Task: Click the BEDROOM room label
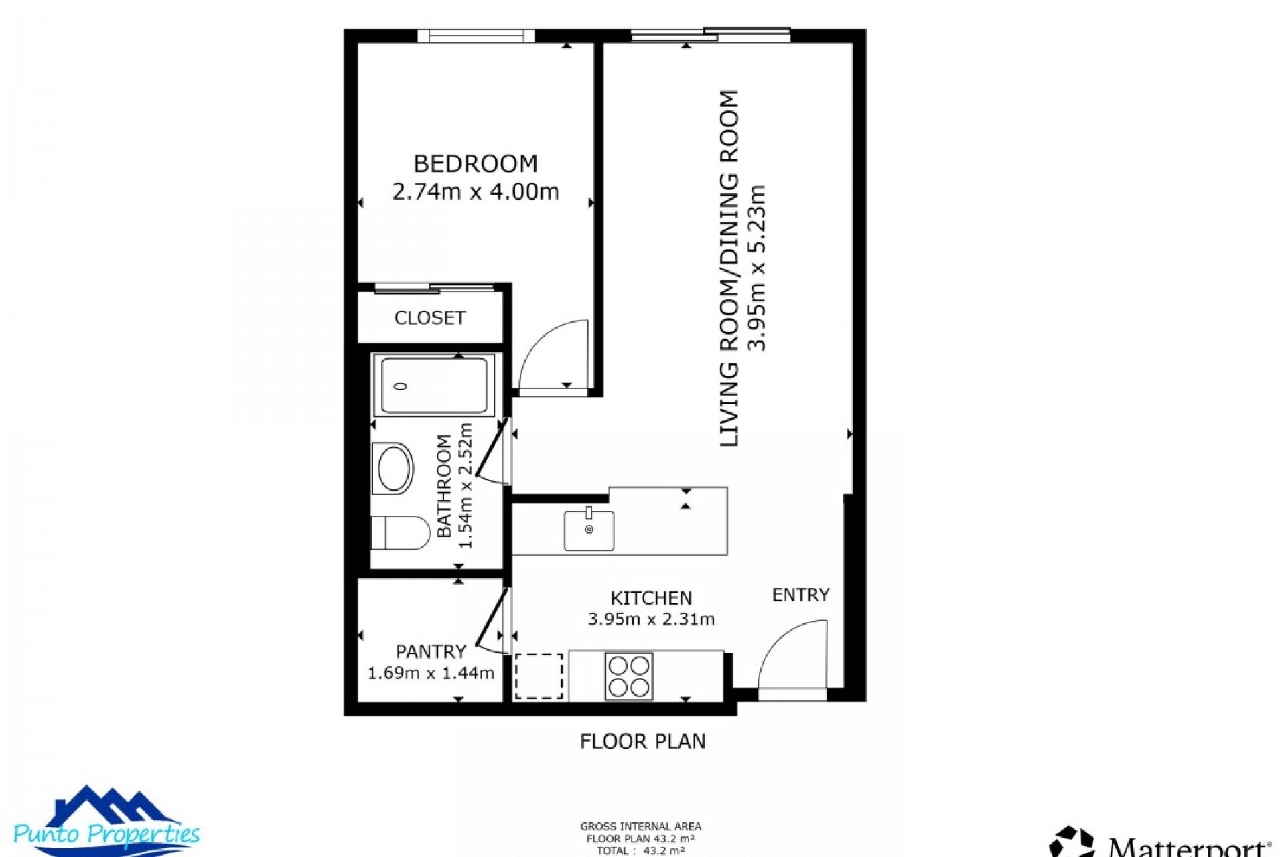475,164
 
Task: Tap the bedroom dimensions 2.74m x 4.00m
475,192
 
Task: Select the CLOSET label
429,318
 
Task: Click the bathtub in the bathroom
434,386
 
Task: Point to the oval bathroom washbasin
395,468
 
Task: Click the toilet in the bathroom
400,532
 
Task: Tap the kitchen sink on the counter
589,530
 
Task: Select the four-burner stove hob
628,676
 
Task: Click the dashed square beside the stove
539,676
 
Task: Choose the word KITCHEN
651,598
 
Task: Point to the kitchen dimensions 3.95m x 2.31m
651,619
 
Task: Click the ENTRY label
800,595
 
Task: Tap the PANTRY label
430,651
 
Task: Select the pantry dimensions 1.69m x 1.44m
431,673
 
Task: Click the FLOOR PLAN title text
642,741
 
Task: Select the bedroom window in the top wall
476,35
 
